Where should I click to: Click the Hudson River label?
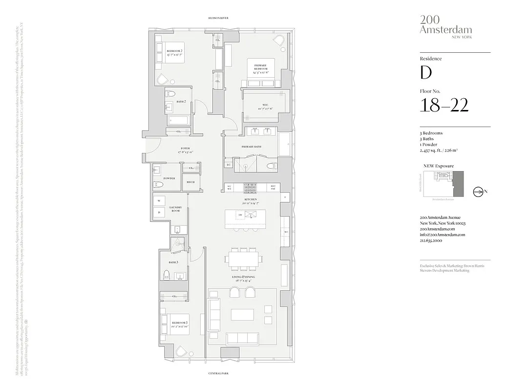[x=218, y=18]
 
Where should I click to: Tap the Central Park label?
[x=218, y=373]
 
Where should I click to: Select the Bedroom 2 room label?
[x=174, y=51]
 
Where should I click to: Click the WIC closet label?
[x=265, y=105]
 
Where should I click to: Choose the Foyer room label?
[x=185, y=149]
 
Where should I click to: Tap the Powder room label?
[x=169, y=178]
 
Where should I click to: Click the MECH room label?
[x=190, y=182]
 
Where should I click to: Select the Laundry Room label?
[x=175, y=209]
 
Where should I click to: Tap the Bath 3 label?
[x=173, y=262]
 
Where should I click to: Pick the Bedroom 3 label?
[x=180, y=323]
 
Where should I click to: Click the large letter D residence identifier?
[x=426, y=72]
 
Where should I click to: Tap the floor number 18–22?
[x=444, y=105]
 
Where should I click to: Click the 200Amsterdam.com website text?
[x=437, y=229]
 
